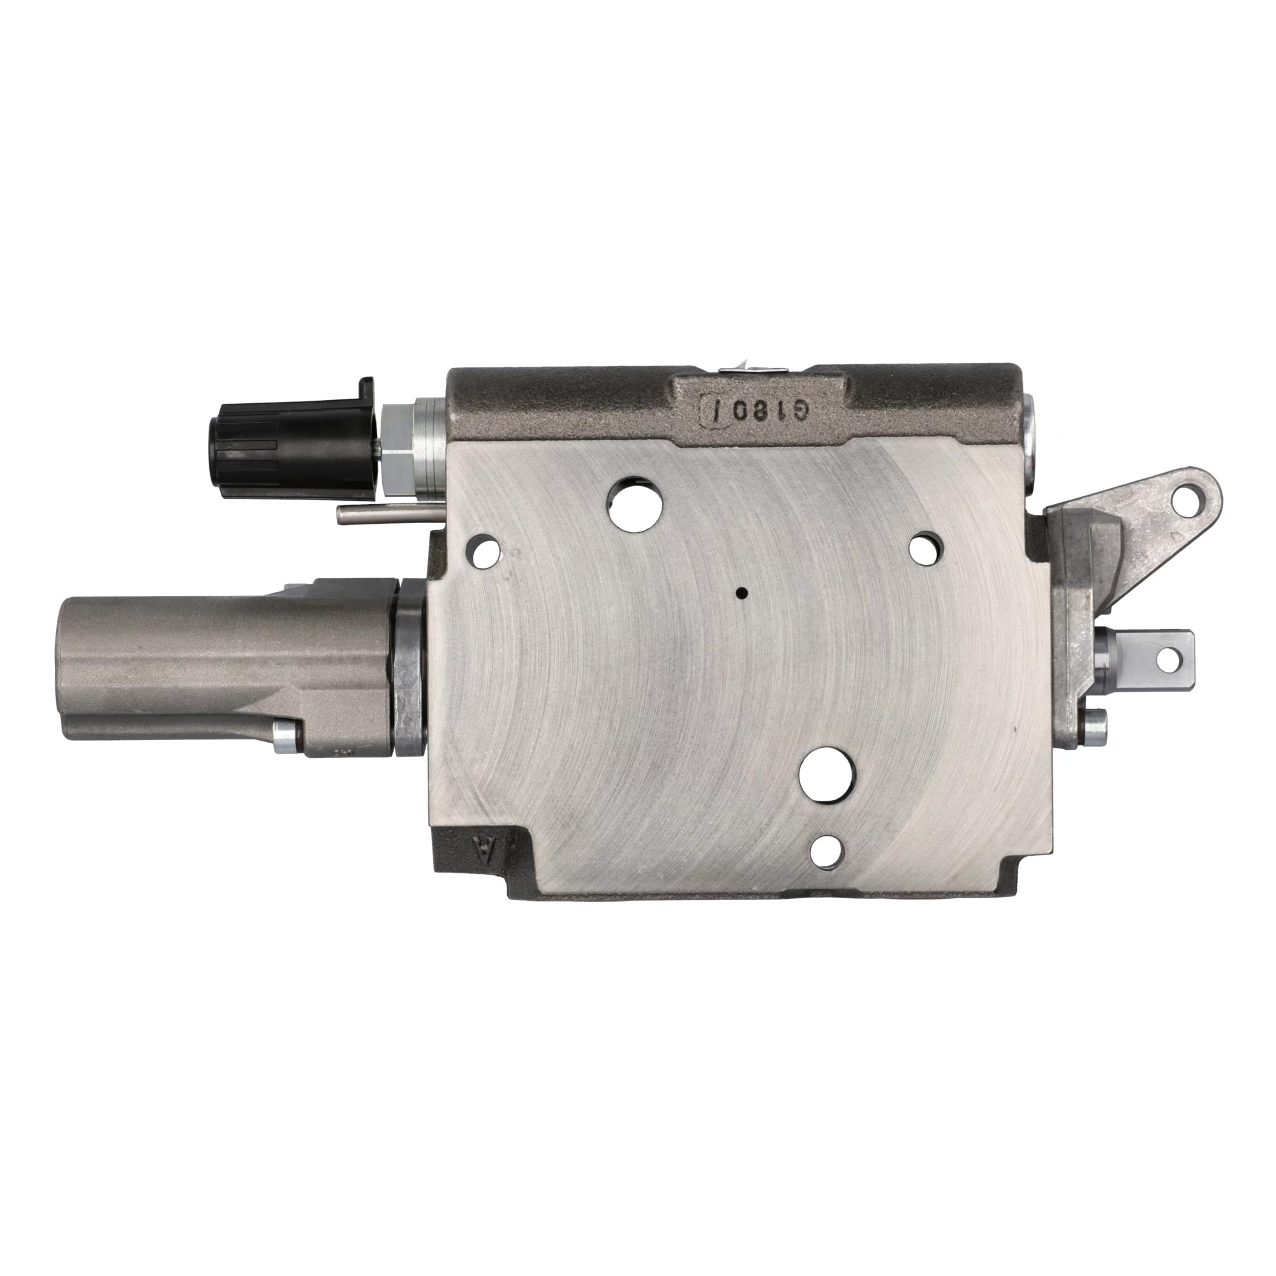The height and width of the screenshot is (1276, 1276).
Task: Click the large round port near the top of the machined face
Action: tap(635, 503)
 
